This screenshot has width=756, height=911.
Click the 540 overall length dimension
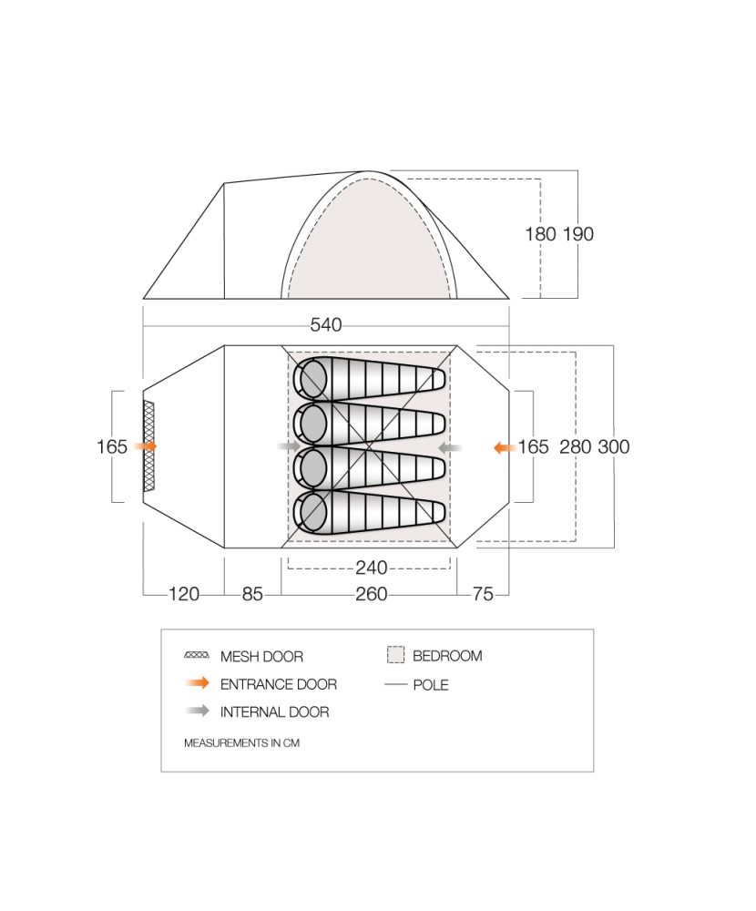[325, 325]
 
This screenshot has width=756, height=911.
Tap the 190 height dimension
[578, 234]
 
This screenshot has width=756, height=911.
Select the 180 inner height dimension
[540, 234]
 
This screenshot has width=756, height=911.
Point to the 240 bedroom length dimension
[372, 567]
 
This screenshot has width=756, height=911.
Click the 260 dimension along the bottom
[372, 594]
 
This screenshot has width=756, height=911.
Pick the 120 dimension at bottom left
[184, 594]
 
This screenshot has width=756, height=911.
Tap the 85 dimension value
[252, 594]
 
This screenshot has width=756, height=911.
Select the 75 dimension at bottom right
[483, 594]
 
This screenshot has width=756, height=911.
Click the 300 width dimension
[614, 446]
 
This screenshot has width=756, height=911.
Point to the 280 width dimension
[576, 446]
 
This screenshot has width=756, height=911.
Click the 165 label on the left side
[111, 446]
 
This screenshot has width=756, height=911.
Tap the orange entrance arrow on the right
[505, 447]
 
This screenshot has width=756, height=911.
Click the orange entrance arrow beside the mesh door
[145, 446]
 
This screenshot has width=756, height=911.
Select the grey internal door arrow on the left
[289, 446]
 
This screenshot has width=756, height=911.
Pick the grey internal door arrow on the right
[450, 447]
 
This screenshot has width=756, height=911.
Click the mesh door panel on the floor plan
[149, 446]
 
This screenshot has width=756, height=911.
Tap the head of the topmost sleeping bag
[312, 378]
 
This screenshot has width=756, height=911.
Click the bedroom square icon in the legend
[395, 655]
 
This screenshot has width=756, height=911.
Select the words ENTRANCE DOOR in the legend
[279, 684]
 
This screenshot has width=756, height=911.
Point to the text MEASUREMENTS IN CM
[241, 743]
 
